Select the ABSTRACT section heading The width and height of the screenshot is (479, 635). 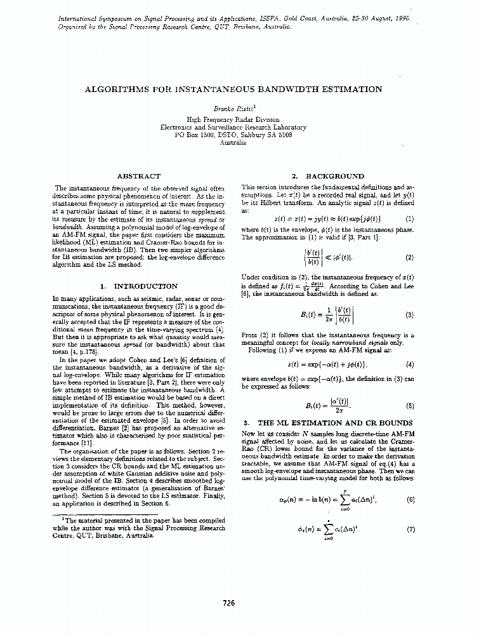[139, 176]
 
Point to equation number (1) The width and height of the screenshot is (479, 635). [409, 218]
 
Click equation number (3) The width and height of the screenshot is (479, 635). [409, 314]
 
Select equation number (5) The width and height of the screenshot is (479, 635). [409, 405]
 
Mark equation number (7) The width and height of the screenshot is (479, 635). [409, 529]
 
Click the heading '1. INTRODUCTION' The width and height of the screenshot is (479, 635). [139, 286]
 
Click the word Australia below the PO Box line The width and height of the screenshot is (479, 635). [233, 143]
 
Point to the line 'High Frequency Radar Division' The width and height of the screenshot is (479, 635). [233, 119]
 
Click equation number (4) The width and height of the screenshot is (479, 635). [409, 364]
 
